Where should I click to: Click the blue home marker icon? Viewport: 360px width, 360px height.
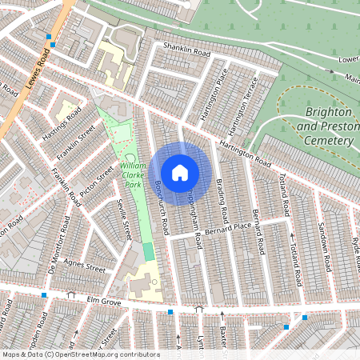click(180, 173)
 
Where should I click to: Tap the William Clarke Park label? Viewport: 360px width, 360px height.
click(132, 175)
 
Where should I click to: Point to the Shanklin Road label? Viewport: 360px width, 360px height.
click(186, 50)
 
